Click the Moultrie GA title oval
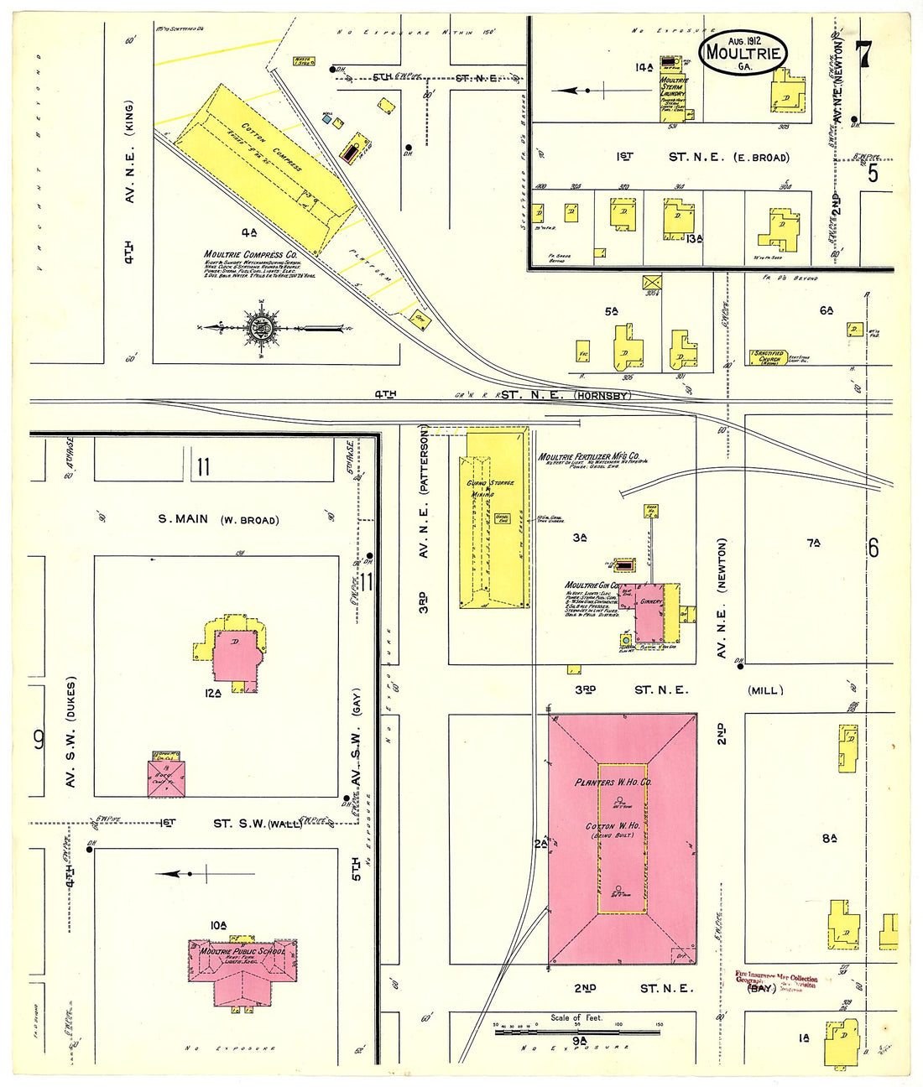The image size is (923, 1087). pos(743,53)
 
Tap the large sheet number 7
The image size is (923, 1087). pos(863,55)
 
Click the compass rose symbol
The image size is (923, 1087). pos(259,328)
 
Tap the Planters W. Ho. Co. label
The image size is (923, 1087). pos(613,782)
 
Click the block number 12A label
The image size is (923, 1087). pos(212,693)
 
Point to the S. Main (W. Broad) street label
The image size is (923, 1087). pos(218,519)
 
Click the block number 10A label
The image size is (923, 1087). pos(218,925)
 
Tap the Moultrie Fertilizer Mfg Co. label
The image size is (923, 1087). pos(588,456)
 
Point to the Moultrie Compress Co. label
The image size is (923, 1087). pos(250,254)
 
